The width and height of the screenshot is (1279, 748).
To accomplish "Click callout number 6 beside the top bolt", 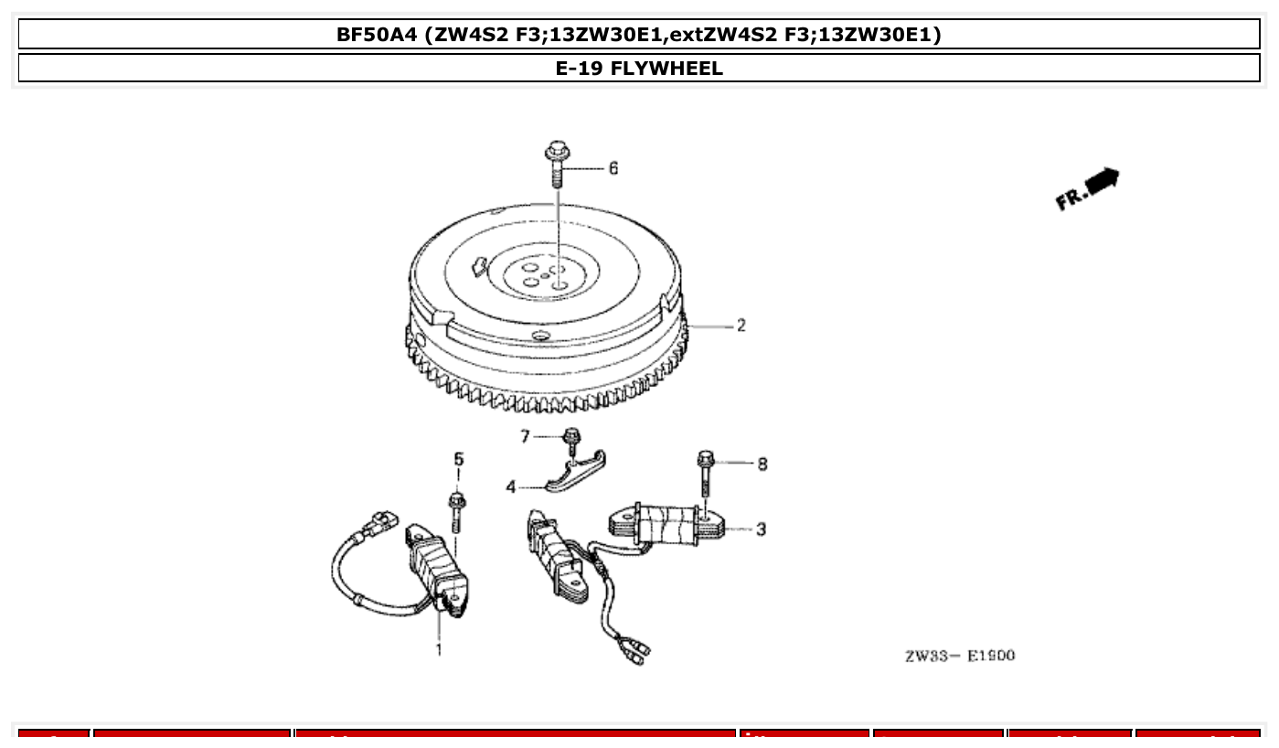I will [613, 168].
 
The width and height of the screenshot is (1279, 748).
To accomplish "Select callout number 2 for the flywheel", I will [741, 326].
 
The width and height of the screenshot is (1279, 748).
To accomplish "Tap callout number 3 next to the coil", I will [761, 529].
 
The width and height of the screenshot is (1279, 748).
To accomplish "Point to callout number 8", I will [762, 465].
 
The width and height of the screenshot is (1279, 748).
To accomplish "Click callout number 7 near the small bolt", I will [525, 437].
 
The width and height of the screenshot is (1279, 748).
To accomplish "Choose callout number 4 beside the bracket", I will [512, 487].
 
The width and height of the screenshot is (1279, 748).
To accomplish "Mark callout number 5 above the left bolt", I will [459, 459].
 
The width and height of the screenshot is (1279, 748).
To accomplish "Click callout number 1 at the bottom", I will [439, 650].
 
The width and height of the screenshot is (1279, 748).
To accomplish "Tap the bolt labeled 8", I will [706, 470].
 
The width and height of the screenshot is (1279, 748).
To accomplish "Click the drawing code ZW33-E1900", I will [959, 656].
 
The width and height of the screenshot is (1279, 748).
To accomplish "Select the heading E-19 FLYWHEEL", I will [639, 69].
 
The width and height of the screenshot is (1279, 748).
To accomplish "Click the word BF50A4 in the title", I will [382, 35].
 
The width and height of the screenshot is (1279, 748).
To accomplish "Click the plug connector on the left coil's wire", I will [380, 524].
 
